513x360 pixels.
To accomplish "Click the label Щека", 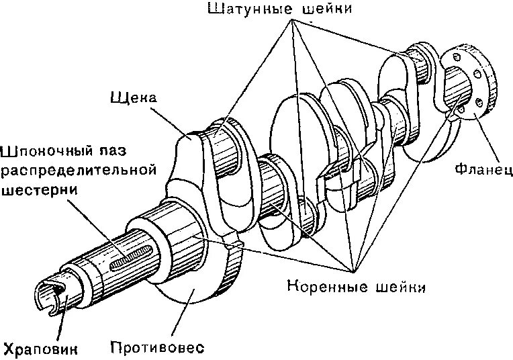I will (132, 99).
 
